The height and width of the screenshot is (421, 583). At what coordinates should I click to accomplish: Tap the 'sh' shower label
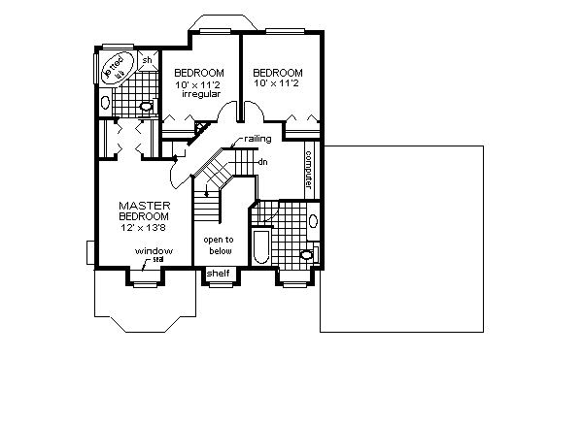click(148, 60)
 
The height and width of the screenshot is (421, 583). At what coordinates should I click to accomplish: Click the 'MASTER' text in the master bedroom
click(145, 206)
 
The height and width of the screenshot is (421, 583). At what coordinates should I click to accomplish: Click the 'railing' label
click(257, 140)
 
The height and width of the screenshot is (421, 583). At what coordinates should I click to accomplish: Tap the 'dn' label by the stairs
click(262, 161)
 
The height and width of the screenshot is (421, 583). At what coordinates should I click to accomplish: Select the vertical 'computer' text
click(309, 169)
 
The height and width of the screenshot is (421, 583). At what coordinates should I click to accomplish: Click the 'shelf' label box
click(219, 275)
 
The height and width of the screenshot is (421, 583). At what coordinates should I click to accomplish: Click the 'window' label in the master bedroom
click(154, 251)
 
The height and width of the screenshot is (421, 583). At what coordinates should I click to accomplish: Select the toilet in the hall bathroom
click(307, 254)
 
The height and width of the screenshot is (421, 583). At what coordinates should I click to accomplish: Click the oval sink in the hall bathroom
click(312, 222)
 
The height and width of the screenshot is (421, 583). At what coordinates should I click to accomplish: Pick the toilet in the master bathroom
click(147, 106)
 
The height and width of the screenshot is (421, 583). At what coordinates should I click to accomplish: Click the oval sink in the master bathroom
click(105, 100)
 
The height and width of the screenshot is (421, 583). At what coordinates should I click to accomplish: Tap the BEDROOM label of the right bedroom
click(277, 73)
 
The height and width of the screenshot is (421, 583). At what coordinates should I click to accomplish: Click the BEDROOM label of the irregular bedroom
click(199, 73)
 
